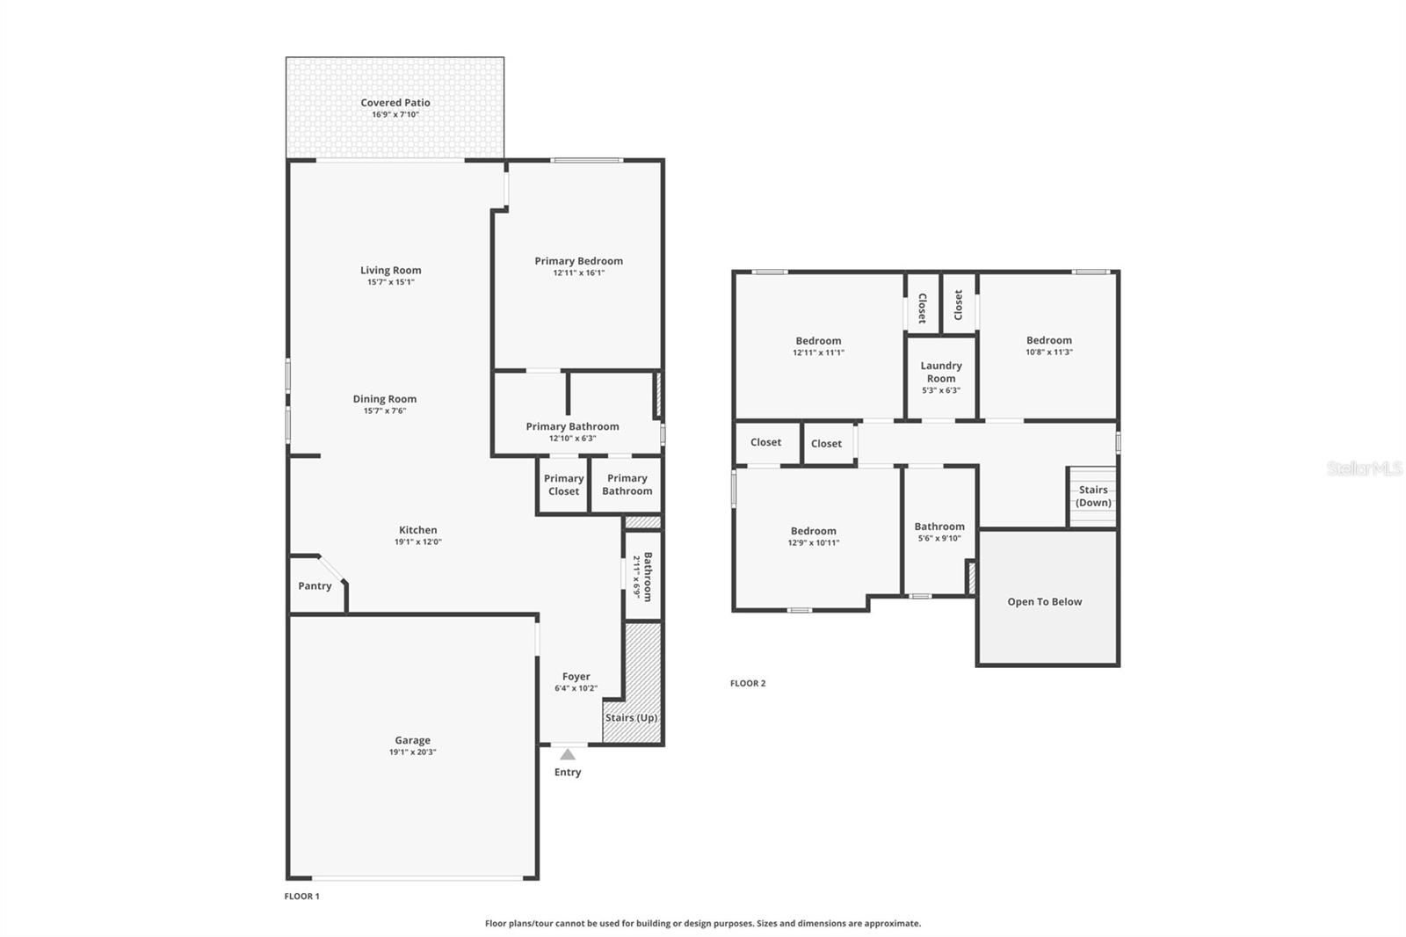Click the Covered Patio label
click(395, 103)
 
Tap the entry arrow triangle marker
click(568, 754)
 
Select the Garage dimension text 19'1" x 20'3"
click(412, 752)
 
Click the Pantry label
click(315, 586)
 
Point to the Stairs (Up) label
click(631, 718)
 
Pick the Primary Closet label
click(563, 485)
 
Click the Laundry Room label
click(941, 372)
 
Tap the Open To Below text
click(1044, 602)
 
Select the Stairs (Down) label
click(1093, 497)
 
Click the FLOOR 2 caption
click(748, 683)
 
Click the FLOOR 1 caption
click(301, 897)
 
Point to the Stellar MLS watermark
click(1364, 468)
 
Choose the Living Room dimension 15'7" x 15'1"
click(391, 282)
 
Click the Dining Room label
click(385, 399)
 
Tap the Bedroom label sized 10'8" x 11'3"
click(1048, 340)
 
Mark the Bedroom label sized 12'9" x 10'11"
click(813, 531)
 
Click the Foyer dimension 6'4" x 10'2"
click(576, 688)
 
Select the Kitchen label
click(417, 530)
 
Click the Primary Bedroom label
click(578, 261)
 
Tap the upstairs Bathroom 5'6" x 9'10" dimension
click(939, 538)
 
